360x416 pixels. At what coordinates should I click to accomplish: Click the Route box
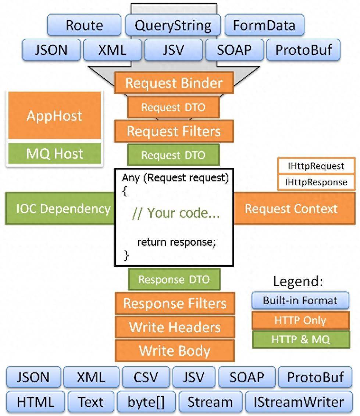pos(84,25)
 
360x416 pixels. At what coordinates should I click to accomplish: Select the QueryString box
pos(173,25)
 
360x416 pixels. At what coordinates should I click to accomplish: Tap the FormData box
pos(264,25)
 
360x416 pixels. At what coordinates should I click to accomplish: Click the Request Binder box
pos(174,83)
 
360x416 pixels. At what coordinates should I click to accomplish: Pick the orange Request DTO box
pos(173,107)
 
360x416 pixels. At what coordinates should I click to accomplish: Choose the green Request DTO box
pos(173,155)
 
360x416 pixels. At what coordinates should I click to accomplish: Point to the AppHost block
pos(54,115)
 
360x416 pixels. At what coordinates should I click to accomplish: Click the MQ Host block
pos(54,153)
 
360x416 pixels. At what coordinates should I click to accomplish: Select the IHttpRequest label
pos(316,166)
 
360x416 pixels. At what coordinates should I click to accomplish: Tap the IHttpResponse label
pos(316,182)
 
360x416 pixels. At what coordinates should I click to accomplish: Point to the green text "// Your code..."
pos(176,213)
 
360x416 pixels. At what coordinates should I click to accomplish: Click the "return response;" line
pos(177,242)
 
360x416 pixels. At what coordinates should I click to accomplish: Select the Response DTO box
pos(174,279)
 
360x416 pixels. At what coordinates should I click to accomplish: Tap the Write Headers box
pos(175,327)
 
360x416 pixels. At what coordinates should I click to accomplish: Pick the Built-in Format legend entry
pos(300,300)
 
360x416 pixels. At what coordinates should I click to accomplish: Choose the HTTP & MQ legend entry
pos(300,339)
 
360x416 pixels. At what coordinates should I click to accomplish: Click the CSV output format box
pos(146,377)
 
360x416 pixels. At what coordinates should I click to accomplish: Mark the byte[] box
pos(146,402)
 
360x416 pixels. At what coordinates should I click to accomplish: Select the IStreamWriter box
pos(298,402)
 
